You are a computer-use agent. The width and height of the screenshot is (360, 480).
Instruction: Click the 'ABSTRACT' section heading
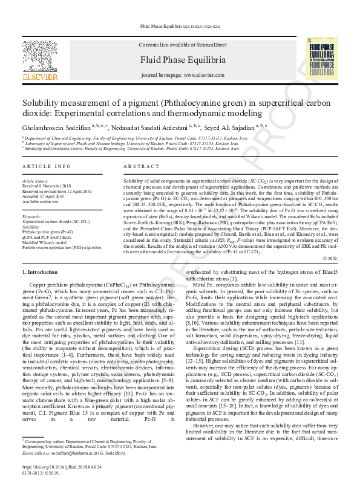pyautogui.click(x=141, y=166)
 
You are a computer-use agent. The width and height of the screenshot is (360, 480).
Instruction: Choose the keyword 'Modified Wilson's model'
pyautogui.click(x=45, y=242)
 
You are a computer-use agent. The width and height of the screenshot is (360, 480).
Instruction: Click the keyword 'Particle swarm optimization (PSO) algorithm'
pyautogui.click(x=62, y=247)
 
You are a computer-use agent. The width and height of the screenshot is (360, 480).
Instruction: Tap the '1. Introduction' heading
pyautogui.click(x=40, y=273)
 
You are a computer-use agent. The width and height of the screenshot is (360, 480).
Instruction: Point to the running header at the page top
pyautogui.click(x=180, y=27)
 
